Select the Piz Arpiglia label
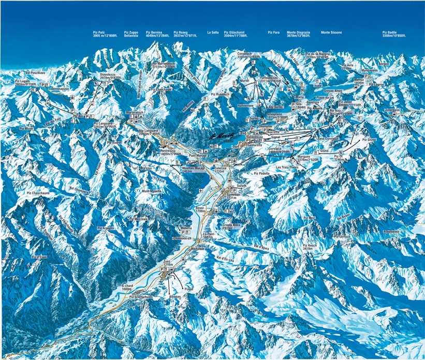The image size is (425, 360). (x=105, y=228)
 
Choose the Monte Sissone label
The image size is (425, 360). (x=332, y=33)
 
